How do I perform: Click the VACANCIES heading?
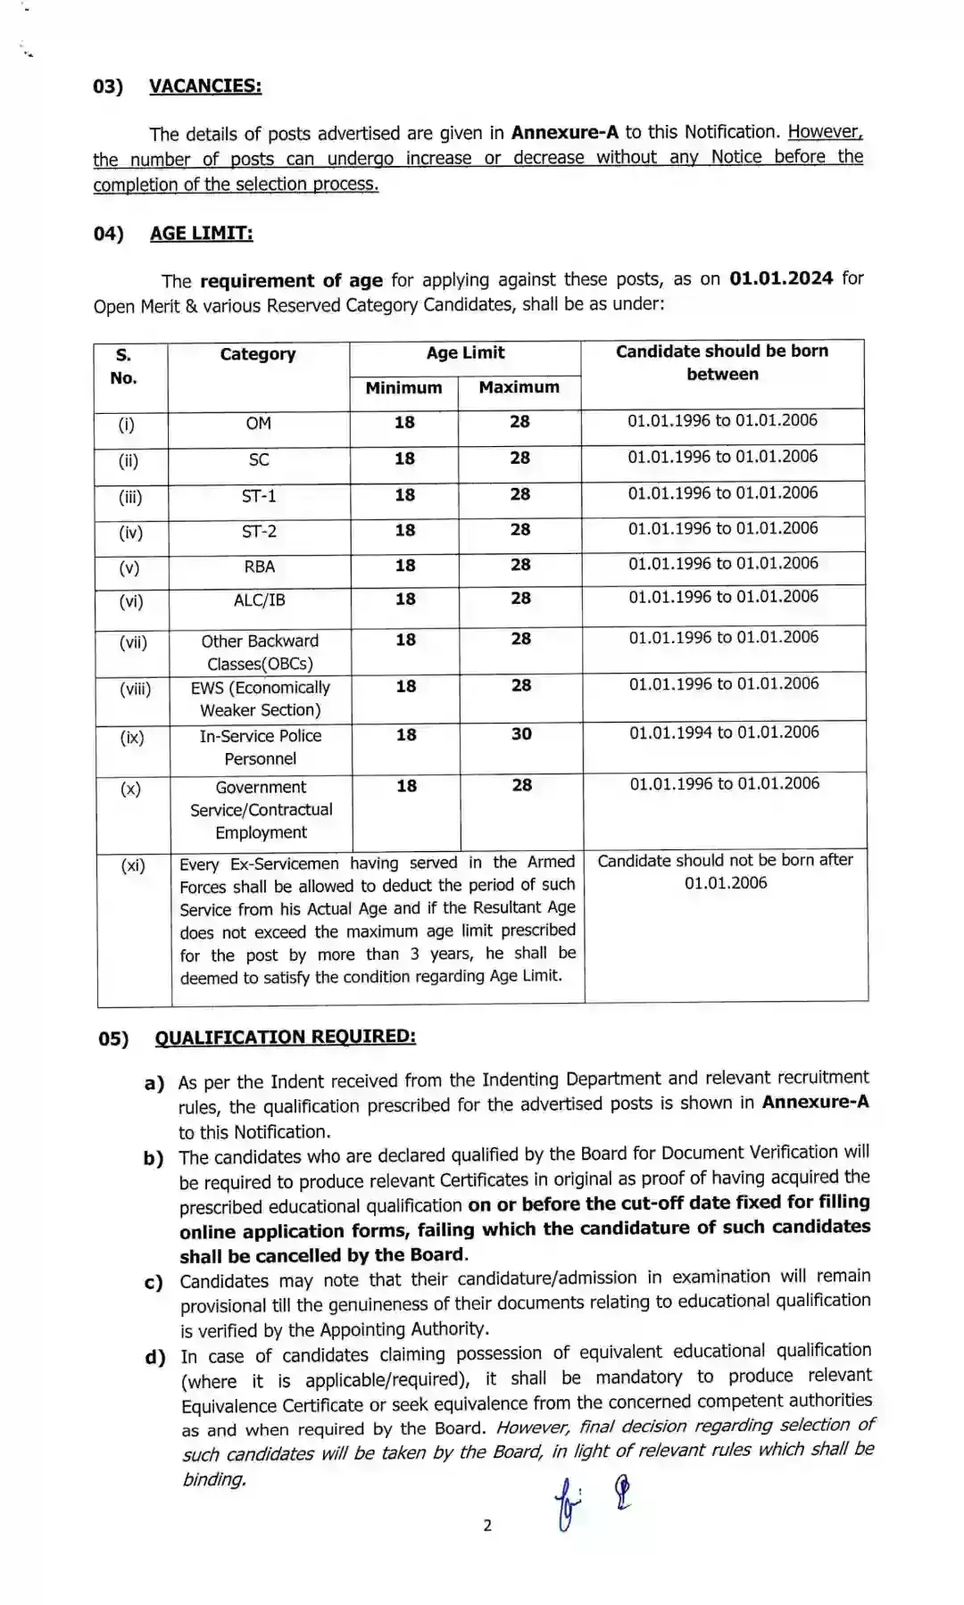(x=204, y=86)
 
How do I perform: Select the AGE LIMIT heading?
(x=201, y=233)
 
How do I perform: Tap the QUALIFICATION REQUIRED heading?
(x=285, y=1037)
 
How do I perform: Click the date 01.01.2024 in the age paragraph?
(x=781, y=277)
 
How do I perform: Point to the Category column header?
(x=258, y=354)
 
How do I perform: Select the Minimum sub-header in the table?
(x=403, y=388)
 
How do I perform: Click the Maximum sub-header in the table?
(x=519, y=387)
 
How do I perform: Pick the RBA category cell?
(x=260, y=567)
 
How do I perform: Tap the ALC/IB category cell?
(x=260, y=600)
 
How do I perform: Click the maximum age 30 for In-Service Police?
(x=521, y=734)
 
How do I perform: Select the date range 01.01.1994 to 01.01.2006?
(x=724, y=732)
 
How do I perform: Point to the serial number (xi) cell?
(x=133, y=865)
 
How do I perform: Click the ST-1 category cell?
(x=259, y=496)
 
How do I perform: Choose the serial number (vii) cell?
(x=133, y=641)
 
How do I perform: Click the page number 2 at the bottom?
(x=487, y=1525)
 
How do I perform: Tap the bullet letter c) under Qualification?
(x=154, y=1283)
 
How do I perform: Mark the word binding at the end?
(x=213, y=1479)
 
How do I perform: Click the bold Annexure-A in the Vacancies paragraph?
(x=564, y=132)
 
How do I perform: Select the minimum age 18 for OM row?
(x=404, y=422)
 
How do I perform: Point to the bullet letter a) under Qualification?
(x=154, y=1083)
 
